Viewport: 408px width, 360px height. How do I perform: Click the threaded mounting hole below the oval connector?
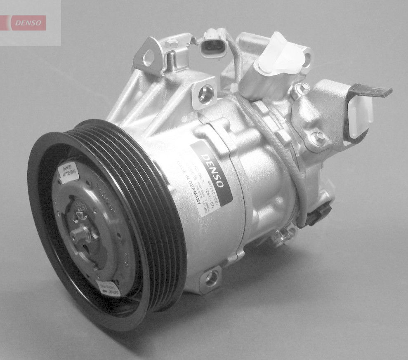click(x=205, y=93)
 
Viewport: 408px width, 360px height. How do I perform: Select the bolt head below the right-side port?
click(x=317, y=138)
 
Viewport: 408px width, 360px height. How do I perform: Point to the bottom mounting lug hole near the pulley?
click(x=211, y=279)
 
